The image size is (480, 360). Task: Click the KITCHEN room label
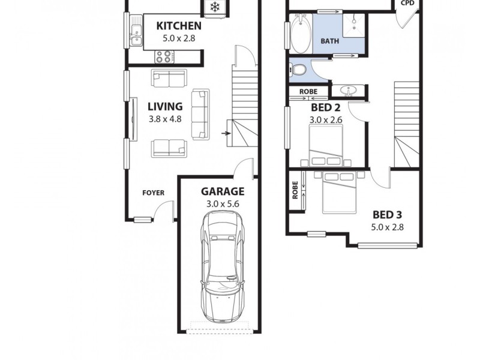(x=178, y=26)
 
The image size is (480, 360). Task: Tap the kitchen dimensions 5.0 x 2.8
(x=178, y=38)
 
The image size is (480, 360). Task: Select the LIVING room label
(x=165, y=107)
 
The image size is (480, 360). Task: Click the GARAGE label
(x=222, y=192)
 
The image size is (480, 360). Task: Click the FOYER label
(x=153, y=193)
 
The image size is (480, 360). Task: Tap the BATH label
(x=329, y=41)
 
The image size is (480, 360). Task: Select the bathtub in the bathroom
(x=299, y=35)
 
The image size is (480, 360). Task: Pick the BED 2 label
(x=326, y=108)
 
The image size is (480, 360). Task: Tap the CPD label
(x=408, y=2)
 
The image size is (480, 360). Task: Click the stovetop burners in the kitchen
(x=164, y=56)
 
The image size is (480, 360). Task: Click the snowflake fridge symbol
(x=214, y=7)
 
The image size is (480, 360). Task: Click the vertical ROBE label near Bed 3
(x=295, y=191)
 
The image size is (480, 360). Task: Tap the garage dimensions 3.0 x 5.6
(x=222, y=205)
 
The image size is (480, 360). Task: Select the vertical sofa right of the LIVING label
(x=200, y=114)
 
